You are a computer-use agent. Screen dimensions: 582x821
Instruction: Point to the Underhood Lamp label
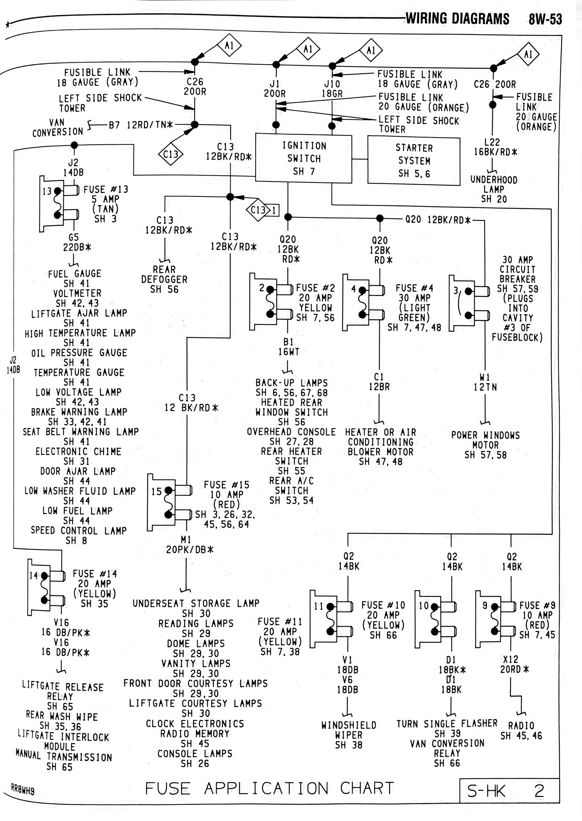(x=494, y=189)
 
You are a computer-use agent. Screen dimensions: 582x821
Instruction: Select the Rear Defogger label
(x=164, y=279)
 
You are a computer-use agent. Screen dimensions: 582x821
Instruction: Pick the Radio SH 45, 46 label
(x=521, y=731)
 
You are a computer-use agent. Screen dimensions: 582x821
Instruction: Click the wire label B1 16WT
(x=288, y=347)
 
